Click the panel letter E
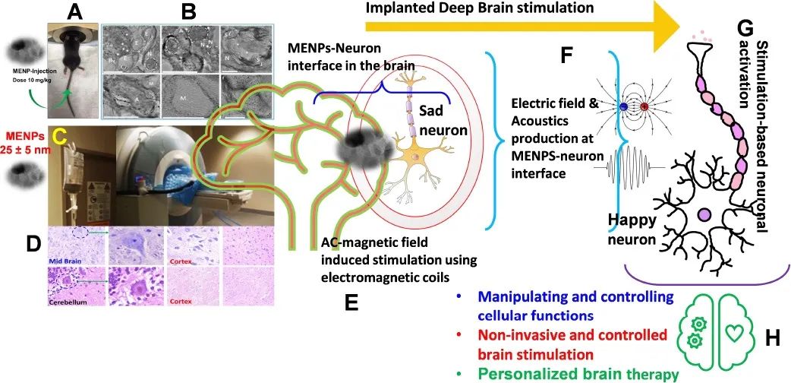click(x=351, y=302)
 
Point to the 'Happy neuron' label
click(x=632, y=230)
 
